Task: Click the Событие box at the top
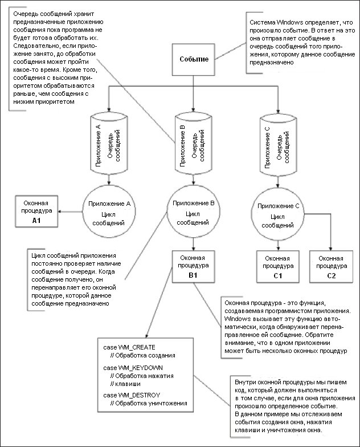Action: [x=194, y=59]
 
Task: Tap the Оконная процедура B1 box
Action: [x=195, y=265]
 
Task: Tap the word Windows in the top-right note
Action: [x=284, y=25]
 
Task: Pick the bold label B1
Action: [x=195, y=275]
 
